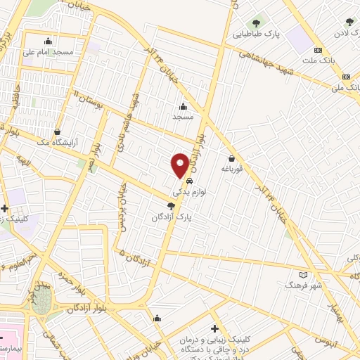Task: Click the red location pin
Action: [x=180, y=165]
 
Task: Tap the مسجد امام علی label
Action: [x=49, y=51]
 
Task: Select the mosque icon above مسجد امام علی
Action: [x=48, y=40]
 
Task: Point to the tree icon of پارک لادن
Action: [x=349, y=22]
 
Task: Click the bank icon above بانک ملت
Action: [x=318, y=50]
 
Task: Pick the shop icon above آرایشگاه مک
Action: [x=57, y=131]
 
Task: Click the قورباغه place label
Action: [x=231, y=169]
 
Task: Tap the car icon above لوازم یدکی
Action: [x=189, y=181]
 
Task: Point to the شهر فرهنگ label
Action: [x=303, y=285]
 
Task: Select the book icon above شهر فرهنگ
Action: [x=303, y=274]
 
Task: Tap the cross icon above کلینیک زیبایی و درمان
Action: [x=214, y=328]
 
